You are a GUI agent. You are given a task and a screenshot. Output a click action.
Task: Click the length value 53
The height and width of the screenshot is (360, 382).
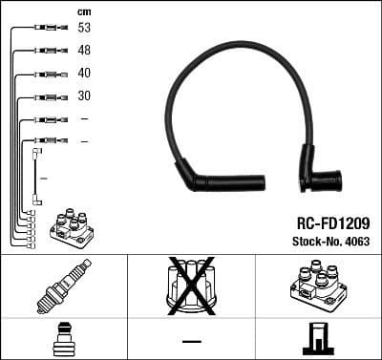coord(84,29)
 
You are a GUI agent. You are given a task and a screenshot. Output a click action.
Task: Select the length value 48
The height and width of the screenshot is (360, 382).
coord(84,51)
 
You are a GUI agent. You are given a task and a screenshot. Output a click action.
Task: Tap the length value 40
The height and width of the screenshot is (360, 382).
coord(84,74)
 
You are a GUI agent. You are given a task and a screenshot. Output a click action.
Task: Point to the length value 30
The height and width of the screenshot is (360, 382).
coord(84,96)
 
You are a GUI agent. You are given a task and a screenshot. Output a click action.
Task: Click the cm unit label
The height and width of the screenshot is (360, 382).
coord(84,11)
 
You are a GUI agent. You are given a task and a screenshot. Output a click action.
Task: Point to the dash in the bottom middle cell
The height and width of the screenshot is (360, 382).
coord(191,340)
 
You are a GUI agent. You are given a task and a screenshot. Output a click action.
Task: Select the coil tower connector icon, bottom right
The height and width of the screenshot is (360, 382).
coord(317,339)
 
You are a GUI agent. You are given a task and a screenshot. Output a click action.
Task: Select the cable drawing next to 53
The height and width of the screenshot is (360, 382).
coord(45,29)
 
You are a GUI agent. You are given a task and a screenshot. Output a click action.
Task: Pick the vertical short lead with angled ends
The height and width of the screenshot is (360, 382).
coord(36,176)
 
